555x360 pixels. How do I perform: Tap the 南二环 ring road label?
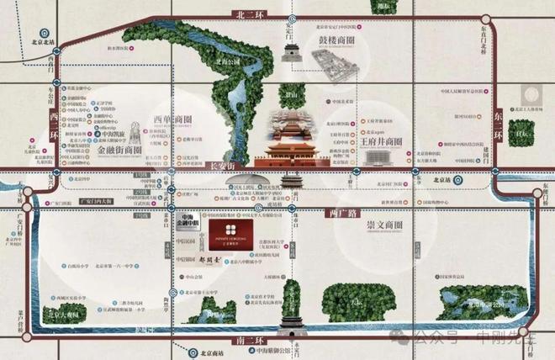(252, 340)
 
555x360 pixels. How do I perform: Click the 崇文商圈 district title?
(383, 226)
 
